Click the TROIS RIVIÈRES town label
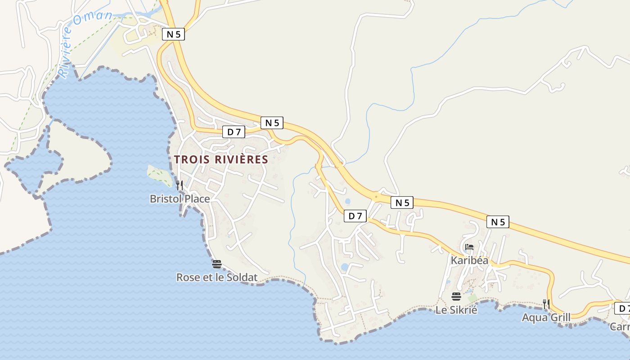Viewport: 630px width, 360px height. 221,159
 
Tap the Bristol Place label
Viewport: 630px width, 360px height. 180,198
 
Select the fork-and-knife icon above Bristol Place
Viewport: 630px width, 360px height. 179,185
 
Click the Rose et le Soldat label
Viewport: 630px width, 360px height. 216,277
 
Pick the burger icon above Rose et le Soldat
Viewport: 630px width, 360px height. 217,264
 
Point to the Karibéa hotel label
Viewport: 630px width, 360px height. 469,261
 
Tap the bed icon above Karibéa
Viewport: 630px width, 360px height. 469,247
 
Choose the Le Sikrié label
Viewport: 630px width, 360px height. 456,310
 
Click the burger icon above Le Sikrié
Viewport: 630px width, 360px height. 456,297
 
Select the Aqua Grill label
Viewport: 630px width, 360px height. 546,318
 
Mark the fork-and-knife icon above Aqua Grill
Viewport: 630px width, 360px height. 546,304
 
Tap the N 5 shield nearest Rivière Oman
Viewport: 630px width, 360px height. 173,34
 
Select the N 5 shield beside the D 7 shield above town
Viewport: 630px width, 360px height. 272,122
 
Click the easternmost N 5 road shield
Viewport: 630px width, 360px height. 498,221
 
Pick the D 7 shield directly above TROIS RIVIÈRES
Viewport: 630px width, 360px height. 234,132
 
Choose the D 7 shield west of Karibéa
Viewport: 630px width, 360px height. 355,216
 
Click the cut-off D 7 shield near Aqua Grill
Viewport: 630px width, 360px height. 623,309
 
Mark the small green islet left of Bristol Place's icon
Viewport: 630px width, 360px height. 158,175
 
